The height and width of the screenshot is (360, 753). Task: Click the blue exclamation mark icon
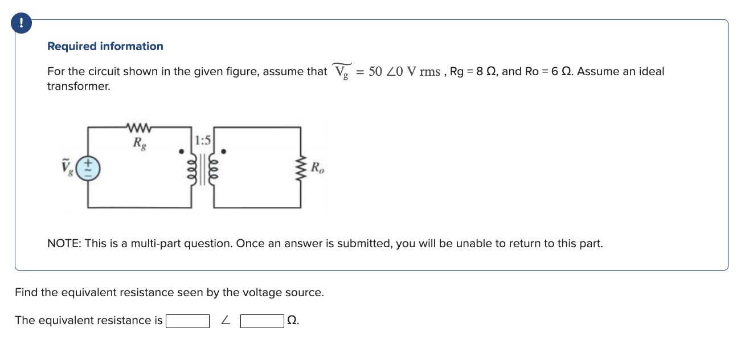pos(22,23)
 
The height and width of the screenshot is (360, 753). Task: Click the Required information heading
pos(105,47)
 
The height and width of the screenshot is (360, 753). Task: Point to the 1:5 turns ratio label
pos(203,140)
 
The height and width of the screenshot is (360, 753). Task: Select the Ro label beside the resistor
pos(317,168)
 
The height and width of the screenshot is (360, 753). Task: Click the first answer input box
pos(187,321)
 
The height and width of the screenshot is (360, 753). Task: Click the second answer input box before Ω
pos(262,321)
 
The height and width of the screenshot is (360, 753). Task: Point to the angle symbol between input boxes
pos(226,321)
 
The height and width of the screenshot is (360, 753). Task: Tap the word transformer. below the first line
pos(78,87)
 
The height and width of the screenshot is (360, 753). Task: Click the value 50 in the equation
pos(375,72)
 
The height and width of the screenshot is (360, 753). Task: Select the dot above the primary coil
pos(181,152)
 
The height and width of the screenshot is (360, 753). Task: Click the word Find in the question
pos(26,293)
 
